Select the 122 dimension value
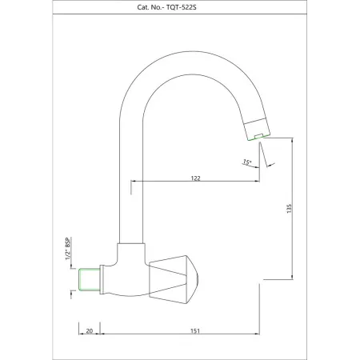coord(195,178)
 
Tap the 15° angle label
coord(247,162)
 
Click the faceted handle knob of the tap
coord(174,274)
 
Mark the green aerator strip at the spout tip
coord(258,137)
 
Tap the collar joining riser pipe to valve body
coord(130,249)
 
